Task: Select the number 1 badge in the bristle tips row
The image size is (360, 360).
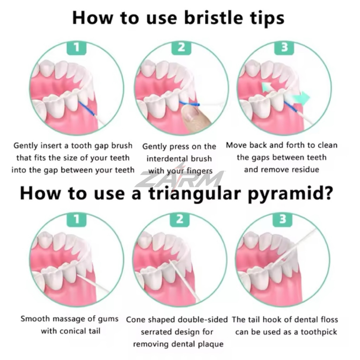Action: pyautogui.click(x=77, y=47)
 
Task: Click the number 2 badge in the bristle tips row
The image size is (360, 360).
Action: pyautogui.click(x=181, y=47)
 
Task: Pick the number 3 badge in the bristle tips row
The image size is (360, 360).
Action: pyautogui.click(x=284, y=47)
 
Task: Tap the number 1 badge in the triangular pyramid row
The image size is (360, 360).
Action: pyautogui.click(x=77, y=219)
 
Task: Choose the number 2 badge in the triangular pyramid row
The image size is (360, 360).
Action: pyautogui.click(x=180, y=219)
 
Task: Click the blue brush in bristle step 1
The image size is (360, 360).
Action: pyautogui.click(x=87, y=109)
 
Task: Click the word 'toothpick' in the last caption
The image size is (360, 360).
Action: pyautogui.click(x=319, y=332)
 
